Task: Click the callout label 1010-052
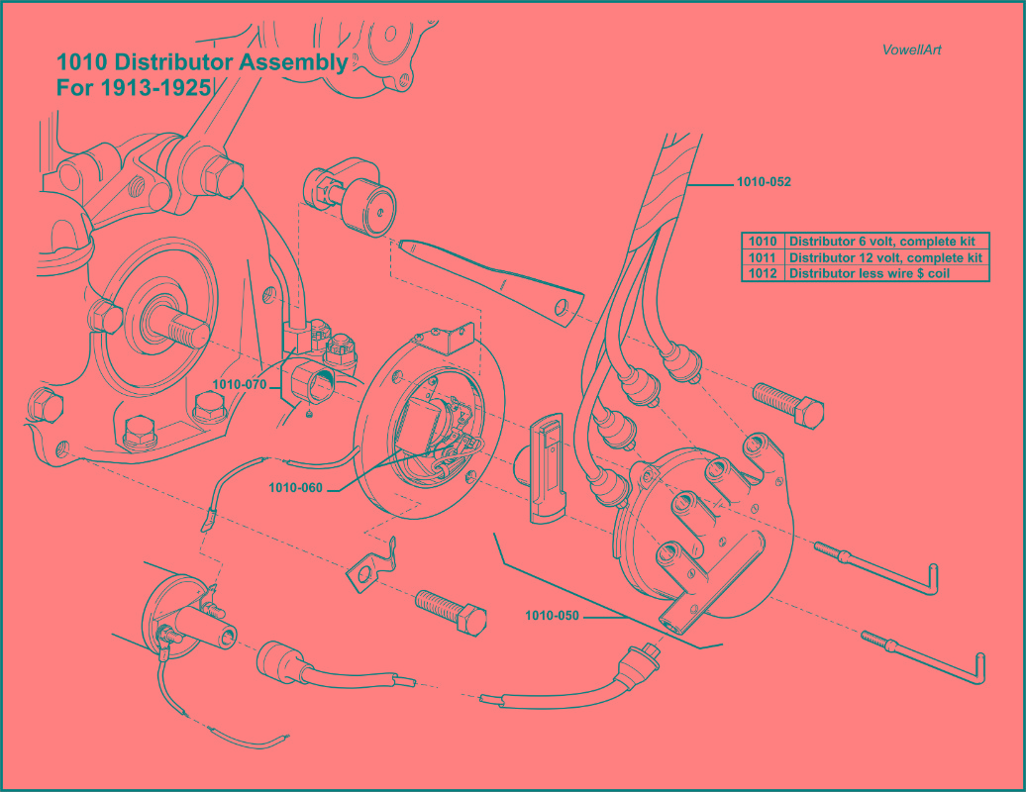[x=763, y=182]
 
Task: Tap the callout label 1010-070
[x=239, y=384]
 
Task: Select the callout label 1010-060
[x=295, y=487]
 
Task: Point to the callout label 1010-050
[x=552, y=616]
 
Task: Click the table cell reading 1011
[x=763, y=257]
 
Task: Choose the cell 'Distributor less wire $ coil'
[x=869, y=273]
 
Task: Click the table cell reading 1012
[x=763, y=273]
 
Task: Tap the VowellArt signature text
[x=910, y=49]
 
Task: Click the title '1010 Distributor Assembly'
[x=202, y=63]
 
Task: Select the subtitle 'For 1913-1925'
[x=134, y=87]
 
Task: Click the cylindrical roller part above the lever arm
[x=352, y=196]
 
